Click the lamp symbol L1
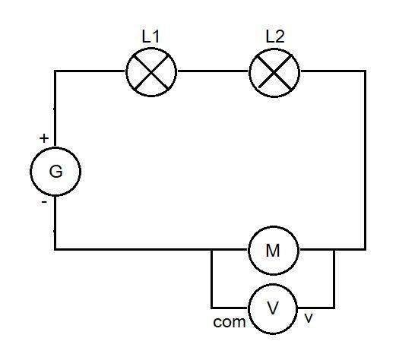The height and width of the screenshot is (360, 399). point(151,72)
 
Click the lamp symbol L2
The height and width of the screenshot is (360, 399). point(274,72)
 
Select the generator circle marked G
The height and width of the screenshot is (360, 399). point(55,172)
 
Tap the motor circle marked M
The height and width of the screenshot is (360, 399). point(274,251)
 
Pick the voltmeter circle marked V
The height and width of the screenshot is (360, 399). point(273,308)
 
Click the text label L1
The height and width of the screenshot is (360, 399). point(150,36)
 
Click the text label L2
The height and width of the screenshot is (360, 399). point(275,36)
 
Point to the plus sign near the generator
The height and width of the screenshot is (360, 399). point(44,138)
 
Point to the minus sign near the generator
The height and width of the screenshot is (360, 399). point(44,202)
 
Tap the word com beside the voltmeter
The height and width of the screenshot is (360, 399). point(230,322)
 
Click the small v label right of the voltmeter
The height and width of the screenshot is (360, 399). point(309,318)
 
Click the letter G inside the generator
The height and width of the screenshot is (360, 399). point(55,172)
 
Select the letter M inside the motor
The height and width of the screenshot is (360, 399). point(273,251)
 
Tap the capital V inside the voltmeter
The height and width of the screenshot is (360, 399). point(273,308)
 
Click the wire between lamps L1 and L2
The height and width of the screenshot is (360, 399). point(213,71)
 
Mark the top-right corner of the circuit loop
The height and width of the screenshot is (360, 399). point(365,71)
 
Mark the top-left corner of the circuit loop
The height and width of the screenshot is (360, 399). point(55,71)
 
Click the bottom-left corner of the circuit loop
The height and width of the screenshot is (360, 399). point(55,249)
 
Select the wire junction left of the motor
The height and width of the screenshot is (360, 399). point(212,250)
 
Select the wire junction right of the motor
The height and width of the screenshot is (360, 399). point(334,250)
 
